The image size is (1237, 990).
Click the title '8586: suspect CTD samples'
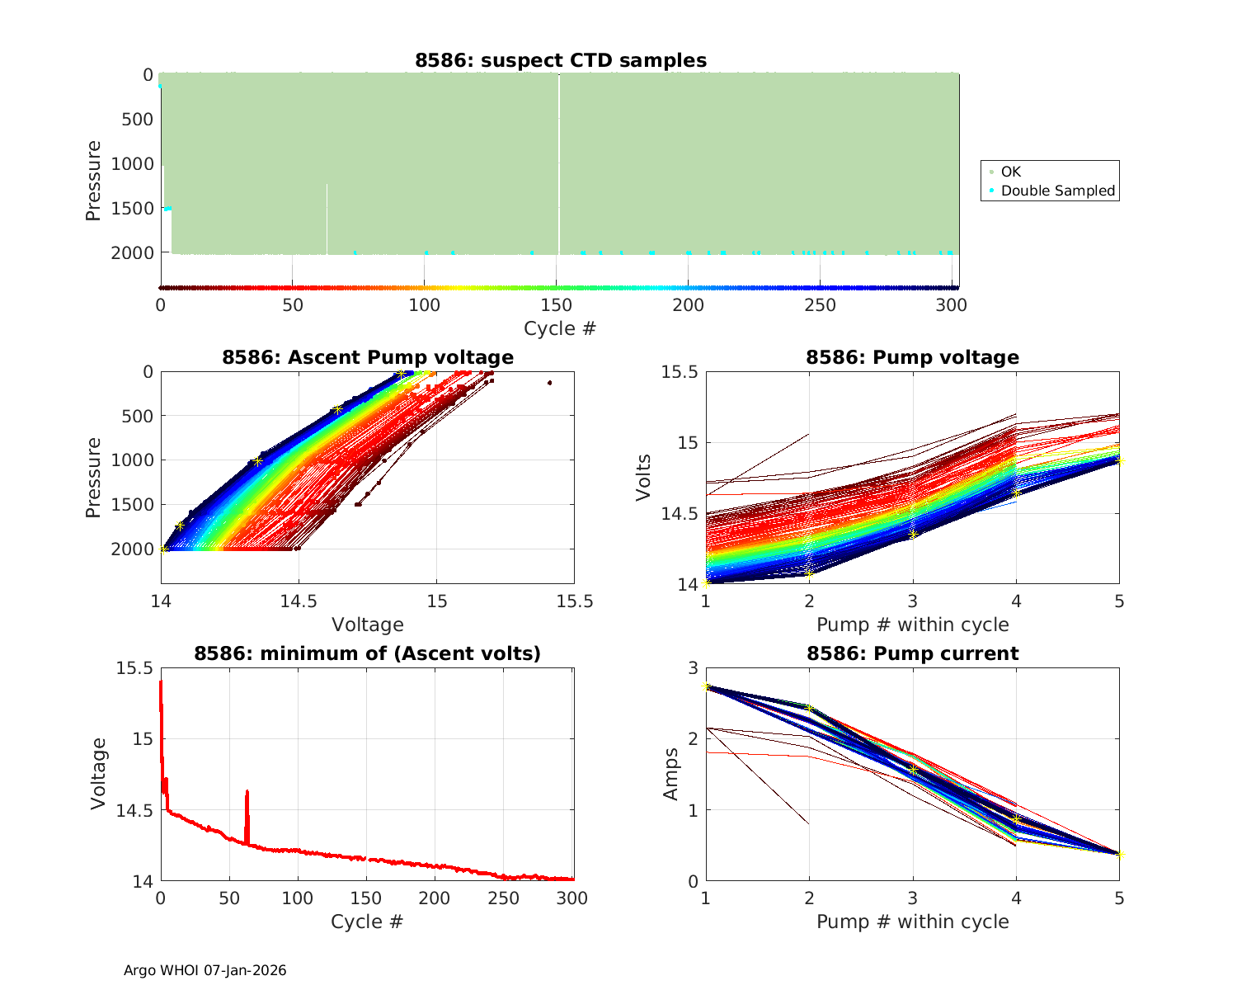click(560, 60)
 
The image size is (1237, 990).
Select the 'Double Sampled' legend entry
click(1057, 191)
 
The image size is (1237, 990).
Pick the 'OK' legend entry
click(1010, 172)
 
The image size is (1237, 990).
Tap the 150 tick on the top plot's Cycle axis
click(557, 305)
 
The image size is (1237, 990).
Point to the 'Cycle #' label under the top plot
click(560, 328)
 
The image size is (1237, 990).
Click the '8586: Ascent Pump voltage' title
click(368, 357)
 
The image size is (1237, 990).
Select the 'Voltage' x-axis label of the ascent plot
click(368, 625)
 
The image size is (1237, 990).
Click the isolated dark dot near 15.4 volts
click(549, 383)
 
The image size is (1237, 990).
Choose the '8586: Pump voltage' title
click(912, 357)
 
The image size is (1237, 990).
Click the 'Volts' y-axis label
click(643, 477)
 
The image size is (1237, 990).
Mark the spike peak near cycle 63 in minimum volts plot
click(247, 792)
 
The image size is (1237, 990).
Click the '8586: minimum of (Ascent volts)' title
click(368, 653)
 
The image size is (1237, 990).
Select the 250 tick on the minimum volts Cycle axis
click(505, 898)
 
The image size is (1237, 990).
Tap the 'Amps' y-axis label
click(671, 773)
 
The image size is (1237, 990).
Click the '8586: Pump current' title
click(912, 653)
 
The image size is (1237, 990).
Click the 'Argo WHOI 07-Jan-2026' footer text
click(205, 970)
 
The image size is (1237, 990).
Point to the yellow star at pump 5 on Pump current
click(1119, 854)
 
